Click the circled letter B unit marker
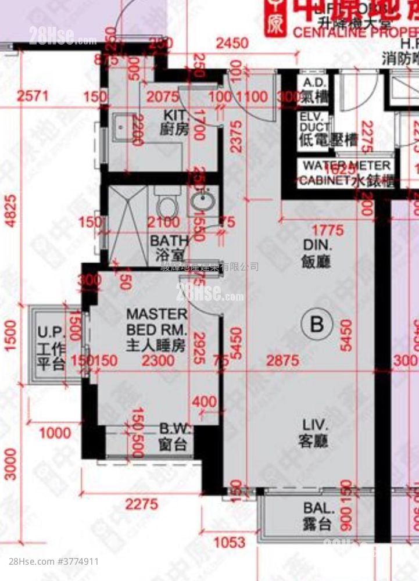tap(317, 324)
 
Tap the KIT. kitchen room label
tap(174, 122)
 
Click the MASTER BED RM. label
tap(156, 329)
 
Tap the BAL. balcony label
tap(317, 516)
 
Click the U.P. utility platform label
tap(51, 340)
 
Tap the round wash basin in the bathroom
tap(203, 202)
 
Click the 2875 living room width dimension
tap(282, 360)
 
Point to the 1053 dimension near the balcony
tap(230, 543)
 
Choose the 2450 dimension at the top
tap(232, 43)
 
